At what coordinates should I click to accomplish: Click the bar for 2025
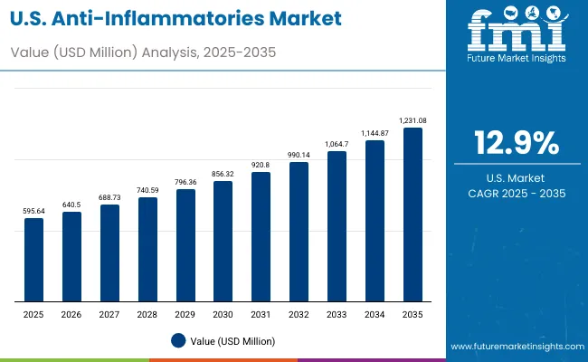33,260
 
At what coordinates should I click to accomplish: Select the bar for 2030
223,241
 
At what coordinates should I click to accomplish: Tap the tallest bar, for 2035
413,214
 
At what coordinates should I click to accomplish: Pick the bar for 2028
147,249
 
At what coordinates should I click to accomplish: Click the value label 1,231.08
413,119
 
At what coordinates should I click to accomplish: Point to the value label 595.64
33,210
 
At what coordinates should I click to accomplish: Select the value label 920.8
261,165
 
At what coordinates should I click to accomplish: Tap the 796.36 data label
185,182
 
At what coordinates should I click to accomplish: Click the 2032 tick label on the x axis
299,314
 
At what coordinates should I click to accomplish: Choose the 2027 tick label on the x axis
109,314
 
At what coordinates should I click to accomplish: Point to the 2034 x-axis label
375,314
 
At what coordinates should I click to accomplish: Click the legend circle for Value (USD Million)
178,340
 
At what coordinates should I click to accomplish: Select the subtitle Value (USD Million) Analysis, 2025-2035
144,52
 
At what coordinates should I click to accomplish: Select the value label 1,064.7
337,143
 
